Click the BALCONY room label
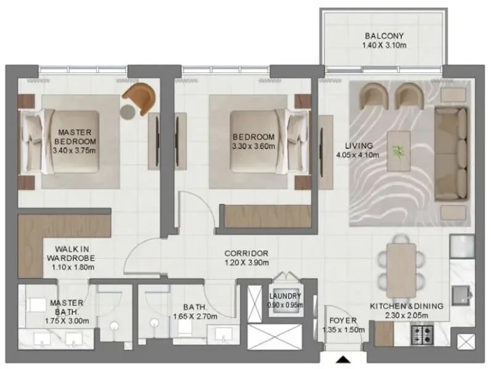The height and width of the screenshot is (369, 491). click(x=384, y=35)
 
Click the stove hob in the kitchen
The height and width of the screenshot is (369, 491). click(x=423, y=334)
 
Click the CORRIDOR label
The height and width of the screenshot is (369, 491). click(x=246, y=253)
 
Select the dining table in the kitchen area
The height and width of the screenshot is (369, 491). click(x=402, y=263)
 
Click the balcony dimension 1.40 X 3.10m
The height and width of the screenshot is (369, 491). click(x=384, y=45)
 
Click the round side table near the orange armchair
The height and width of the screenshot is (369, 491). click(x=128, y=112)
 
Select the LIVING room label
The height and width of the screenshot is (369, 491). click(x=359, y=146)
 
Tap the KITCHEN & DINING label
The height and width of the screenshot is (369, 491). click(x=407, y=306)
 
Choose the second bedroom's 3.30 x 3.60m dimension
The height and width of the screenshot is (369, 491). click(x=253, y=146)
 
